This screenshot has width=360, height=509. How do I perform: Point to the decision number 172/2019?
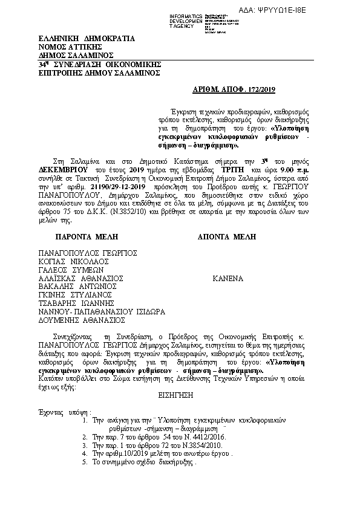(x=263, y=89)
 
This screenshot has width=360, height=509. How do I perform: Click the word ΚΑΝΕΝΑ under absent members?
(x=227, y=279)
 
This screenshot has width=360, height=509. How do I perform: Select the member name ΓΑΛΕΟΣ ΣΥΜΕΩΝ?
(x=72, y=270)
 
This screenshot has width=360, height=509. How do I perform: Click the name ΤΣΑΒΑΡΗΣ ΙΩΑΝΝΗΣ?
(x=77, y=305)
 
